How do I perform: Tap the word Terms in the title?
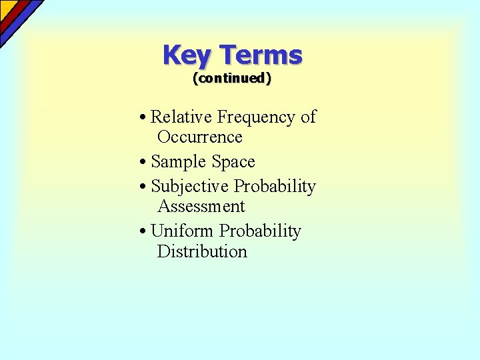pos(261,55)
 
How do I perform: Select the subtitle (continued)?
pos(232,78)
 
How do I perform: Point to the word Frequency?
pos(256,118)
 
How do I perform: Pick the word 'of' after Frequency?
pos(308,117)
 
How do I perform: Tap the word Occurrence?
pos(199,137)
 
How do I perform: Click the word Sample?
pos(179,162)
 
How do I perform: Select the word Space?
pos(233,162)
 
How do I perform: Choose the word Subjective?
pos(190,187)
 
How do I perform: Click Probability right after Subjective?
pos(275,187)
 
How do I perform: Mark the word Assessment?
pos(201,207)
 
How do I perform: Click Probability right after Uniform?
pos(261,232)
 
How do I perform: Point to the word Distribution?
pos(202,251)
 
